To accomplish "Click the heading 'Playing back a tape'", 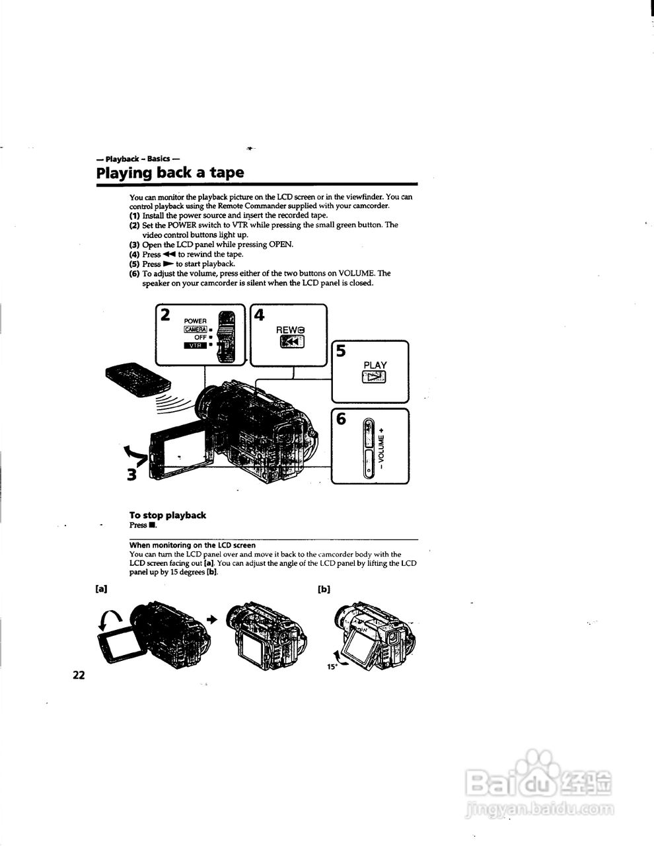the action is (x=170, y=173).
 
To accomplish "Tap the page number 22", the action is (x=79, y=675).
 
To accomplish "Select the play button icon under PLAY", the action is (x=375, y=377).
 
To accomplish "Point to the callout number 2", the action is (x=165, y=314).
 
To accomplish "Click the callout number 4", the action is (x=260, y=315).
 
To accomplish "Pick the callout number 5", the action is (x=341, y=351).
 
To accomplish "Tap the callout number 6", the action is (x=341, y=419).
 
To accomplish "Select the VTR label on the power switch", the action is (x=195, y=345).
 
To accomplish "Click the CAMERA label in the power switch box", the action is (x=196, y=329).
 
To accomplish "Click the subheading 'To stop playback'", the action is (x=167, y=515).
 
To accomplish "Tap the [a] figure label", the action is (x=101, y=588).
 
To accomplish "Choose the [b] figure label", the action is (x=324, y=588).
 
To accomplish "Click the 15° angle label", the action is (x=332, y=667).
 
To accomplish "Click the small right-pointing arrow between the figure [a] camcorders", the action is (x=212, y=619).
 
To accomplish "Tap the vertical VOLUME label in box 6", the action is (x=381, y=447).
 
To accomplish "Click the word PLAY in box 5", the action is (x=375, y=365).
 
